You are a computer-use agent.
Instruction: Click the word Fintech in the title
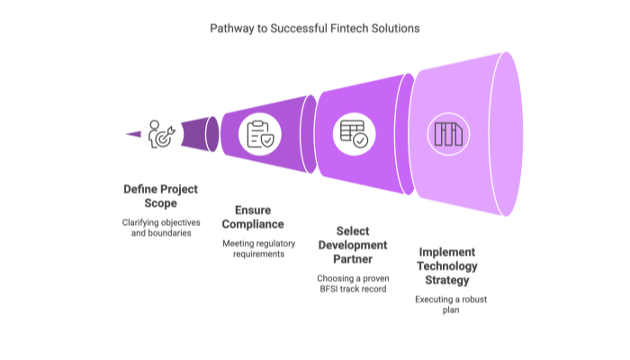(x=346, y=28)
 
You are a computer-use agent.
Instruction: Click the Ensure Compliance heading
(x=253, y=217)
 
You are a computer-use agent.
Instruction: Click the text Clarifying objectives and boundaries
(x=162, y=227)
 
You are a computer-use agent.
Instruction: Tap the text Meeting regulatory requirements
(x=253, y=248)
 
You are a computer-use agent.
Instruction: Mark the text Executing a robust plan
(x=449, y=304)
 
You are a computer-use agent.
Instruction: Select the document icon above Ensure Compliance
(x=259, y=134)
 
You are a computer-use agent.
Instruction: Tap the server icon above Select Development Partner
(x=352, y=134)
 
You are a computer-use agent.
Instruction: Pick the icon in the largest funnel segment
(x=448, y=134)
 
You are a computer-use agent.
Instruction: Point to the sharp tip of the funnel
(x=124, y=134)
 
